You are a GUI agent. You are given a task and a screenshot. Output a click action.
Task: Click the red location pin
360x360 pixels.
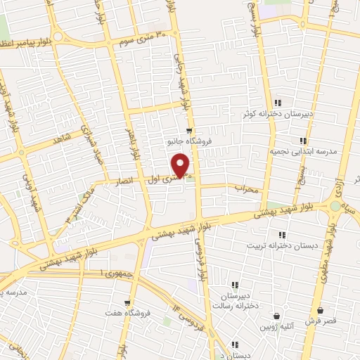pyautogui.click(x=181, y=165)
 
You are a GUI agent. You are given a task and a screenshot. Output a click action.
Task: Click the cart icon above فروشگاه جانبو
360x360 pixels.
pyautogui.click(x=189, y=130)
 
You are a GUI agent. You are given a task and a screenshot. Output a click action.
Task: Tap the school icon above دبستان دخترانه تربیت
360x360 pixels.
pyautogui.click(x=282, y=235)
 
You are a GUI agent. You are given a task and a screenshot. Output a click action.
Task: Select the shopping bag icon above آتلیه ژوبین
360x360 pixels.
pyautogui.click(x=278, y=316)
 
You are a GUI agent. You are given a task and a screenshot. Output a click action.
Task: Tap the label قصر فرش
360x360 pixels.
pyautogui.click(x=320, y=321)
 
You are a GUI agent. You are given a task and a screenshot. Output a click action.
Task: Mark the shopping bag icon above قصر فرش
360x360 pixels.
pyautogui.click(x=321, y=310)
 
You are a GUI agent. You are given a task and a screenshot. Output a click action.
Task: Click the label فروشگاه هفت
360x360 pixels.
pyautogui.click(x=124, y=311)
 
